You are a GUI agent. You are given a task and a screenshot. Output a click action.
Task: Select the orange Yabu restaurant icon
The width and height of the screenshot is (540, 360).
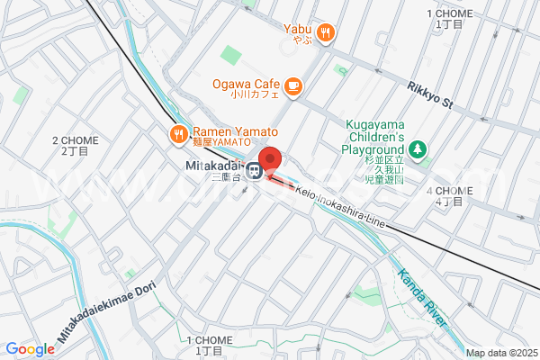point(326,33)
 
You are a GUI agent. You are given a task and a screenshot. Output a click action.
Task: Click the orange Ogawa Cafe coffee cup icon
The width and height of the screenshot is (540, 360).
point(293,85)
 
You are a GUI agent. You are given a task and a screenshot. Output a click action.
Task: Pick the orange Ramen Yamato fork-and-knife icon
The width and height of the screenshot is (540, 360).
point(178,135)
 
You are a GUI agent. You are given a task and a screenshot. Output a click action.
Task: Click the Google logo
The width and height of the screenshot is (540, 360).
point(30,349)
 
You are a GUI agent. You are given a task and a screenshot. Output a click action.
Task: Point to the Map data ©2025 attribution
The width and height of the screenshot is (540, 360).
point(499,352)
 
